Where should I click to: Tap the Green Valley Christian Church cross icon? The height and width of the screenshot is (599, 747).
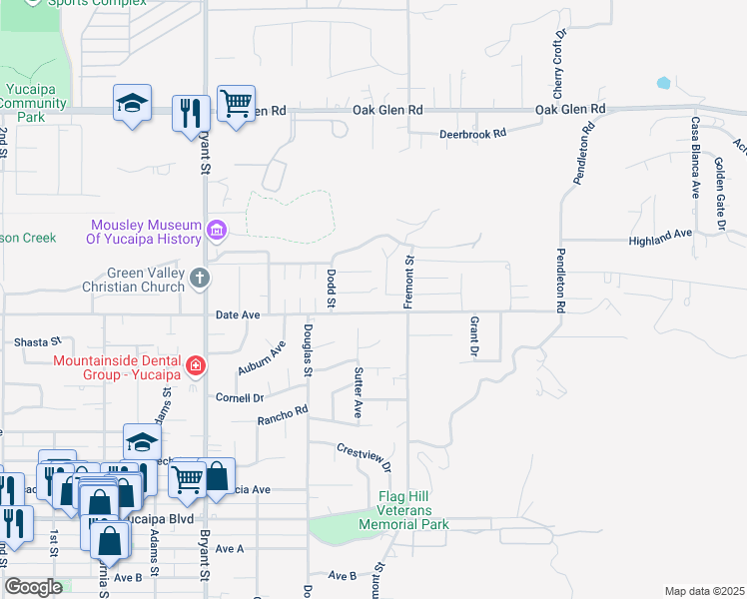(x=200, y=279)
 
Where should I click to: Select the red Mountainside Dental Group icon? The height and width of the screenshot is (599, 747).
(x=196, y=366)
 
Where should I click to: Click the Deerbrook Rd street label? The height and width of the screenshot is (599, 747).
(x=473, y=134)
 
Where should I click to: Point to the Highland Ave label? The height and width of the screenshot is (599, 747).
(x=660, y=242)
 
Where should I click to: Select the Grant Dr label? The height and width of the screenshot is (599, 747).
(x=472, y=338)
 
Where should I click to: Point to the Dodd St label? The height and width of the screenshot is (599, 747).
(x=331, y=288)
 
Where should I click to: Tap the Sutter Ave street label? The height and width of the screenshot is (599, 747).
(x=358, y=391)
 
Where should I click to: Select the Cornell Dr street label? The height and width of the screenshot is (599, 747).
(x=240, y=397)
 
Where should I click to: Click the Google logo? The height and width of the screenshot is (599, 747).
(x=33, y=587)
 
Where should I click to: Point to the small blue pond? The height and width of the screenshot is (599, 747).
(x=662, y=82)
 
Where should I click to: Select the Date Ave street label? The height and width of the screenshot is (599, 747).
(x=238, y=315)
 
